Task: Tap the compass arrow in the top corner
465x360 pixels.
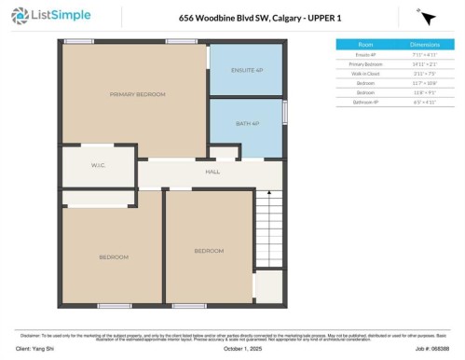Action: (427, 18)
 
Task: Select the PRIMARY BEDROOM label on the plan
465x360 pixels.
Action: (137, 94)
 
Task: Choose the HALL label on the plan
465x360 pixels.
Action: (212, 172)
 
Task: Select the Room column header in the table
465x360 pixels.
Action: (366, 45)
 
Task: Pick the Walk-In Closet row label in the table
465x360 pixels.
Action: (366, 71)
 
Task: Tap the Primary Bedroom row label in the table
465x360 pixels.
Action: (366, 62)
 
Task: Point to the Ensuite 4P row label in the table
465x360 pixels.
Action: (366, 54)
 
